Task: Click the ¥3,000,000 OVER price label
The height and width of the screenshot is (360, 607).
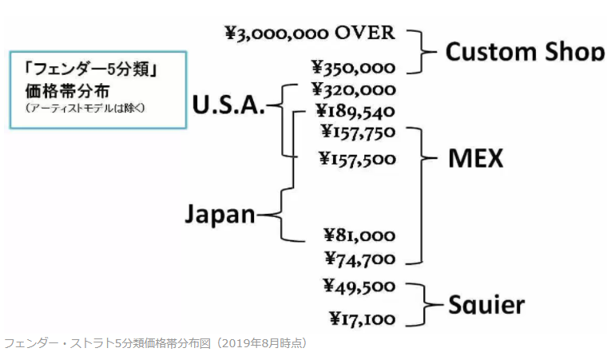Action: click(x=310, y=33)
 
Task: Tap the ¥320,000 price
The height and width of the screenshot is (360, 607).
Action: click(x=353, y=89)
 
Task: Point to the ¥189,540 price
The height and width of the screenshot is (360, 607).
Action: click(x=355, y=111)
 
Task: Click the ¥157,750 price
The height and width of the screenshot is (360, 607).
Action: click(x=358, y=132)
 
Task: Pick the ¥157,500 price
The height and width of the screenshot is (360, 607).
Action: click(x=357, y=158)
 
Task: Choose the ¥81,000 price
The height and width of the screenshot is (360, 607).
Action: click(x=359, y=235)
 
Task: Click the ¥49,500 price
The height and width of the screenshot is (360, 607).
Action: click(x=359, y=285)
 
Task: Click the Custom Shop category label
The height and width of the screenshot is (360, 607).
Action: click(x=525, y=52)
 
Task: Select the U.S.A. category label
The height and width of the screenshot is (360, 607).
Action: click(x=228, y=104)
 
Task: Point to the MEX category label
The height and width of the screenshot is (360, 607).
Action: click(x=475, y=157)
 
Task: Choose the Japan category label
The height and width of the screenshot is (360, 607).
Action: click(x=220, y=214)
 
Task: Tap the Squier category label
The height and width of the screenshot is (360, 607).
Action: click(x=486, y=304)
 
